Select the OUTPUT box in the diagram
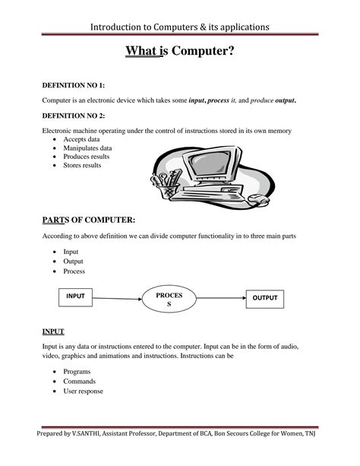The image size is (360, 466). coord(265,297)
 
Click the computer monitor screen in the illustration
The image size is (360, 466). coord(213,164)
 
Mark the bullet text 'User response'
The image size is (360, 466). coord(84,392)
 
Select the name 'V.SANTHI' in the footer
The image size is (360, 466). coord(87,455)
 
